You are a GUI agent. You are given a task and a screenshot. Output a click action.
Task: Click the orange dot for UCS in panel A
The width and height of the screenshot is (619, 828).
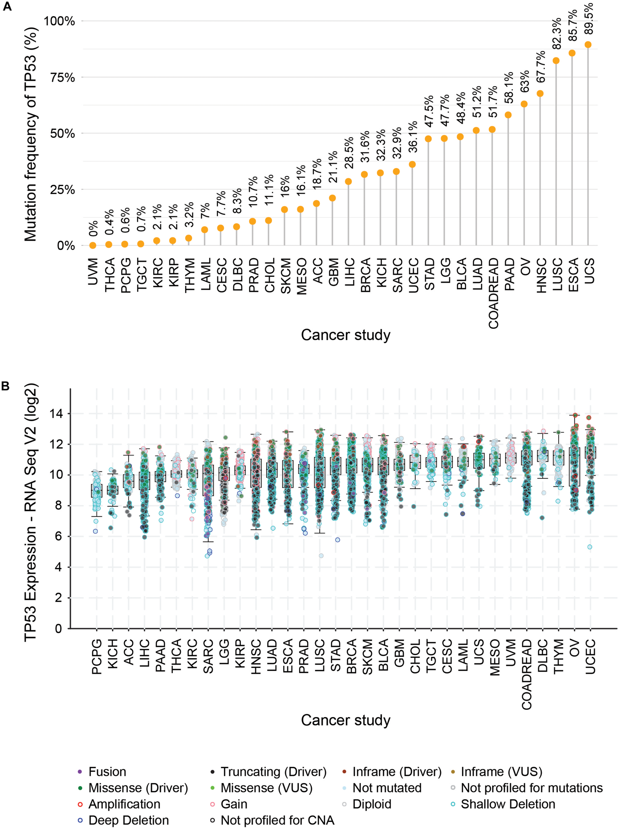click(x=588, y=44)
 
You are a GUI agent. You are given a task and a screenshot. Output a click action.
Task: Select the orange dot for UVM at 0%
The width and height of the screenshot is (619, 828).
click(x=93, y=245)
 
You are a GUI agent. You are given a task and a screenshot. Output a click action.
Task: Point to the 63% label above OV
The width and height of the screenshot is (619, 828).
click(x=524, y=81)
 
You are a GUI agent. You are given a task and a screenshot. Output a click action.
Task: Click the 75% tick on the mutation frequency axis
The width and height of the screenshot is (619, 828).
click(x=63, y=78)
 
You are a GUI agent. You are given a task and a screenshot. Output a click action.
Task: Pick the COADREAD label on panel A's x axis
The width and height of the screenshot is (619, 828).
click(x=493, y=293)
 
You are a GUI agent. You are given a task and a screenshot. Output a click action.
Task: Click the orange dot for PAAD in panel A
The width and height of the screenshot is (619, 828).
click(x=508, y=115)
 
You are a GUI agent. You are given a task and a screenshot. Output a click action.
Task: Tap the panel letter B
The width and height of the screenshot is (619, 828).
click(x=6, y=386)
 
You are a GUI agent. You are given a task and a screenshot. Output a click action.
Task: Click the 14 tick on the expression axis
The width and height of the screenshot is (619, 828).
click(x=56, y=414)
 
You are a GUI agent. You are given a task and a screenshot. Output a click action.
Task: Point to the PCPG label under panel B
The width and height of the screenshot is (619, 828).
click(x=97, y=656)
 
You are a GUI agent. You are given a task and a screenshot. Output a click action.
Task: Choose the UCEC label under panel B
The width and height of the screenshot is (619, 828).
click(x=590, y=656)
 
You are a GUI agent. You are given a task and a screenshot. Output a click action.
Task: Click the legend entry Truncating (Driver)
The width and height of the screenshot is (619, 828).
click(x=273, y=772)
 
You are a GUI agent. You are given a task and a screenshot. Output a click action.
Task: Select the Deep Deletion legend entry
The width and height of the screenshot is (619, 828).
click(x=128, y=820)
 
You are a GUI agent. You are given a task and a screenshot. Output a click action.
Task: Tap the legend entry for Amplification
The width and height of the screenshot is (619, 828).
click(x=124, y=804)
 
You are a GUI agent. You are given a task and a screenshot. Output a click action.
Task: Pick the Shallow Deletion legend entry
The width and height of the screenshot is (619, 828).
click(x=508, y=804)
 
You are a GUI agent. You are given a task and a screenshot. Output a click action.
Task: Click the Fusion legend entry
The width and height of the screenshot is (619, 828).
click(x=107, y=772)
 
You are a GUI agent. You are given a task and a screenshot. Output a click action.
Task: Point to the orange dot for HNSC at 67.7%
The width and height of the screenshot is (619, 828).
click(x=540, y=94)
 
